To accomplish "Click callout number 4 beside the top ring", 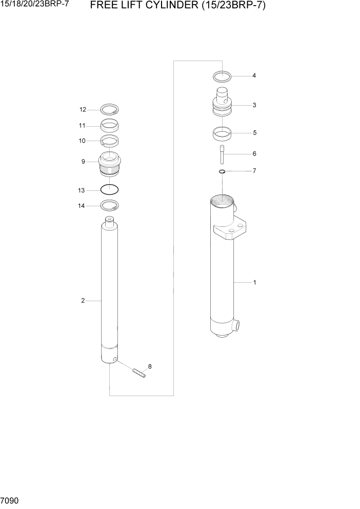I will [254, 76].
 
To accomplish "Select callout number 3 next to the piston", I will [254, 105].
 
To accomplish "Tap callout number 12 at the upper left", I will [83, 109].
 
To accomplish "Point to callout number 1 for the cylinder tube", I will [254, 282].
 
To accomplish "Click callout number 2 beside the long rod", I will [83, 301].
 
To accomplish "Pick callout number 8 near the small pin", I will [150, 366].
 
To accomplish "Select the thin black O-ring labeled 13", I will [110, 189].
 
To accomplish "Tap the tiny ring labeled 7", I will [222, 171].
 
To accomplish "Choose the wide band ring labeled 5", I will [222, 134].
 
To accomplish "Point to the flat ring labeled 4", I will [222, 76].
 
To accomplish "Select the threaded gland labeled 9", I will [109, 164].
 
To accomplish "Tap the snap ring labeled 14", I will [110, 206].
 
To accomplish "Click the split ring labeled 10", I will [109, 141].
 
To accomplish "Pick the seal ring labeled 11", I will [109, 125].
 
